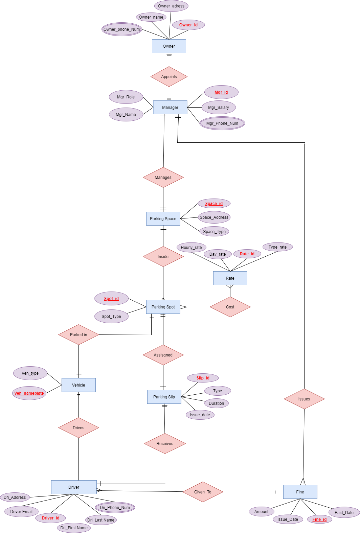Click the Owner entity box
pos(169,46)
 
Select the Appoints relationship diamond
pos(169,77)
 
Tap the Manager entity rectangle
pos(170,108)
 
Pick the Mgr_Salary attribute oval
pos(219,108)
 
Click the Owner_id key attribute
pos(188,25)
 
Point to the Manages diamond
pos(163,178)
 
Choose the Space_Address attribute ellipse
pos(214,217)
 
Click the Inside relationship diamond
pos(163,257)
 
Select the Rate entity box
pos(230,278)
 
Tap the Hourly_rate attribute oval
pos(191,248)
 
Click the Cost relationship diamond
pos(230,307)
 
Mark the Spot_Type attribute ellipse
pos(111,317)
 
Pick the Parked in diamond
pos(78,335)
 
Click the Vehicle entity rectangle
pos(78,385)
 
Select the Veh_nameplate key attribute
pos(29,393)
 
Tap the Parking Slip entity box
pos(164,397)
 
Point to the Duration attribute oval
pos(216,403)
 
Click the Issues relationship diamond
pos(304,399)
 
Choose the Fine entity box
pos(300,492)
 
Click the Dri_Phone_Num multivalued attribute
pos(115,508)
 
